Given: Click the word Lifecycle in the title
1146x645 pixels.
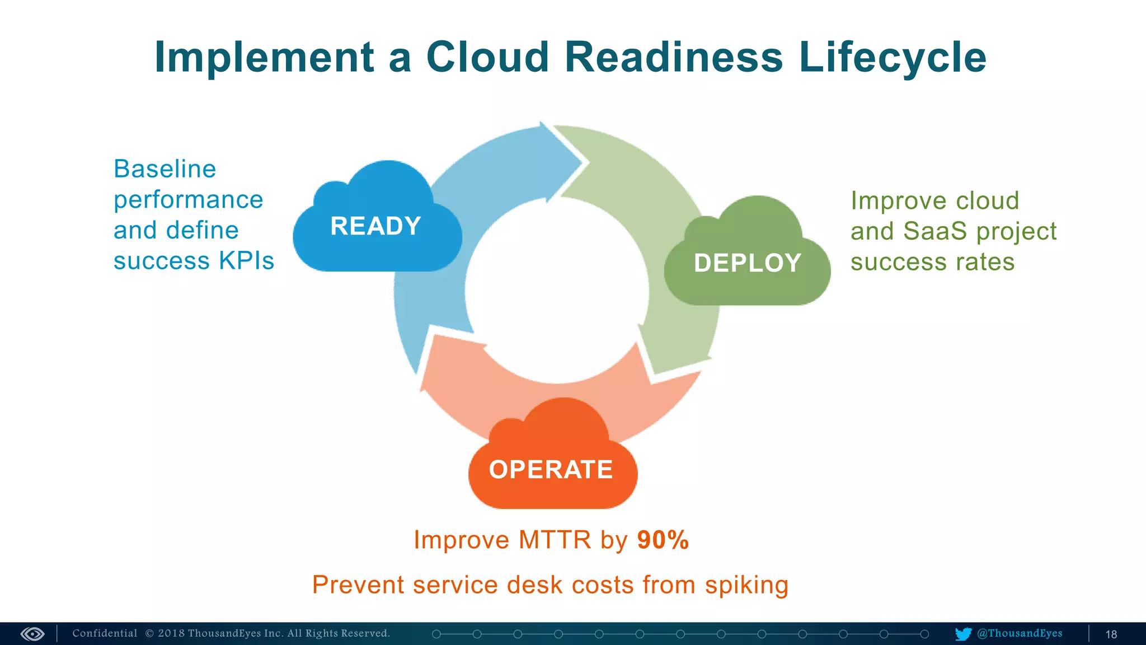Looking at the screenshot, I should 893,57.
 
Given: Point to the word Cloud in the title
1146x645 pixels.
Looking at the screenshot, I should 487,57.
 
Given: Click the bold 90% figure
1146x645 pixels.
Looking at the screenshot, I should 663,540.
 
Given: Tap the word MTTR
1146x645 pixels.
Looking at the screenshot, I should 555,540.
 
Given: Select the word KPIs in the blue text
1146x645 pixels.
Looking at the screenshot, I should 246,261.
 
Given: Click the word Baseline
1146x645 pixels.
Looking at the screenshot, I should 165,169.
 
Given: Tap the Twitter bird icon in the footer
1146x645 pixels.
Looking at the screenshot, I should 963,634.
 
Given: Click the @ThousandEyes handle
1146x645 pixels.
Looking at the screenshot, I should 1020,633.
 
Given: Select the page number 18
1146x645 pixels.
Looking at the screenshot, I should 1111,634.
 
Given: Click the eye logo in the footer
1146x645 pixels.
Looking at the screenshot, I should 32,634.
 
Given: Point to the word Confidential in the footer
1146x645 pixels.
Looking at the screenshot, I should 105,633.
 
